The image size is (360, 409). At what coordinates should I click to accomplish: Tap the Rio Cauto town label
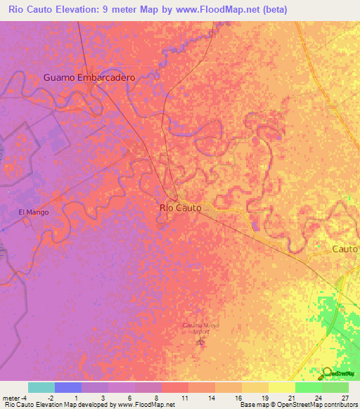181,208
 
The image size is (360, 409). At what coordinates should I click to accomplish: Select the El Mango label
32,212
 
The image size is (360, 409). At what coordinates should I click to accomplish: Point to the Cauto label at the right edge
345,249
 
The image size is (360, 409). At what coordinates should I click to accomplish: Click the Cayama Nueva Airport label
202,328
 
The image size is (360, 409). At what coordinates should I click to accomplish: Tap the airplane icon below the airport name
202,342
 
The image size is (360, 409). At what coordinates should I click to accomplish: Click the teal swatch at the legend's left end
41,387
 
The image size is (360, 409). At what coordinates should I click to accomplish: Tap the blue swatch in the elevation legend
68,387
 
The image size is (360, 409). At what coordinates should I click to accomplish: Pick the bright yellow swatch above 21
282,387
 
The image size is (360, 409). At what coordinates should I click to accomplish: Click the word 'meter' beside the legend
11,398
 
